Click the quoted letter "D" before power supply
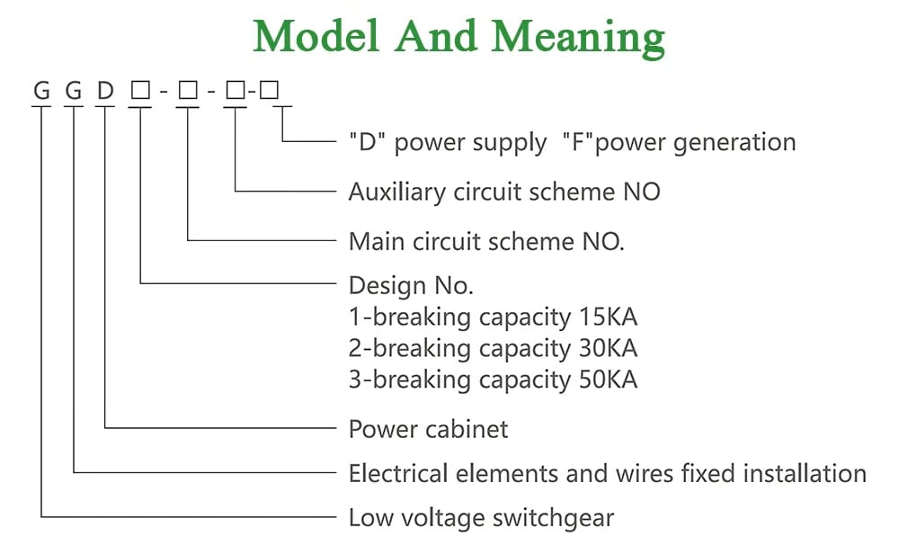click(x=369, y=142)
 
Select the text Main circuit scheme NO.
click(x=485, y=241)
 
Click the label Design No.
click(x=410, y=286)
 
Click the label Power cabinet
click(x=428, y=429)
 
